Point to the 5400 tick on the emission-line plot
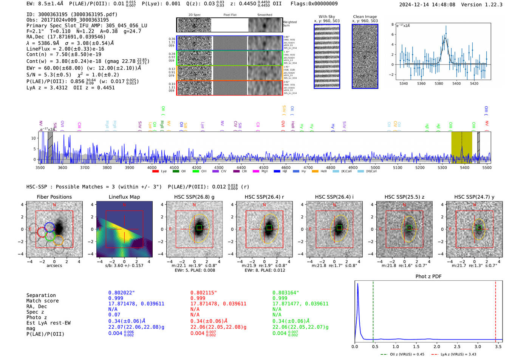(456, 83)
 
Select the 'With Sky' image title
(326, 17)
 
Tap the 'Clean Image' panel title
(365, 17)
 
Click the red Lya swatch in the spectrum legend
(155, 172)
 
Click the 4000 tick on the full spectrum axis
(152, 168)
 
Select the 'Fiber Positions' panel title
(54, 197)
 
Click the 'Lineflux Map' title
(124, 197)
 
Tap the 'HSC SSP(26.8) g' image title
(194, 197)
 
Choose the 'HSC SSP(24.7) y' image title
(474, 197)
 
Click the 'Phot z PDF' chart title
(428, 277)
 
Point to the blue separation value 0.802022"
(121, 293)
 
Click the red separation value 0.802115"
(203, 293)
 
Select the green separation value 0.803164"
(286, 293)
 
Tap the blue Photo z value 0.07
(114, 315)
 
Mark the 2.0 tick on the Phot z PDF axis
(437, 346)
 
